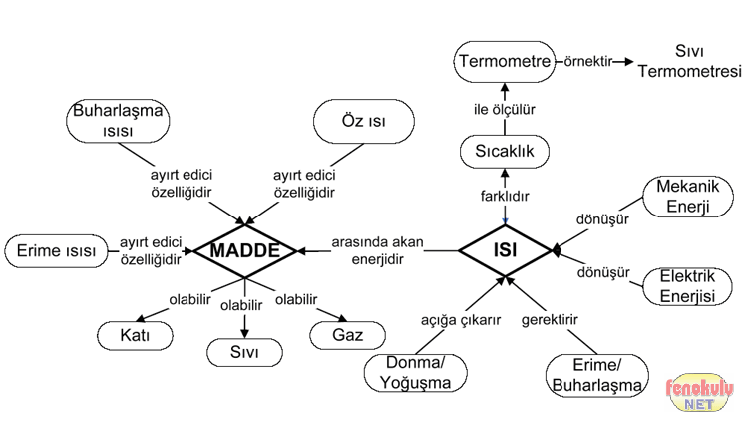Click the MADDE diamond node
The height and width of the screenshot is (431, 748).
(244, 249)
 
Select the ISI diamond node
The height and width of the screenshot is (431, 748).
(505, 249)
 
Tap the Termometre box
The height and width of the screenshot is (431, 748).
(505, 62)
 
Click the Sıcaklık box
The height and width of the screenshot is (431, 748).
(505, 152)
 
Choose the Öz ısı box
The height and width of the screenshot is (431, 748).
(363, 121)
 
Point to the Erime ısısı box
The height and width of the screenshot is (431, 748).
(57, 251)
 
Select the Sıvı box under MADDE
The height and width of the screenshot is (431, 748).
(244, 352)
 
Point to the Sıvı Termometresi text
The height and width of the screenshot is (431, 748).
(690, 62)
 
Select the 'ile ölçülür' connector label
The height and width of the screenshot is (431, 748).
(505, 107)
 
